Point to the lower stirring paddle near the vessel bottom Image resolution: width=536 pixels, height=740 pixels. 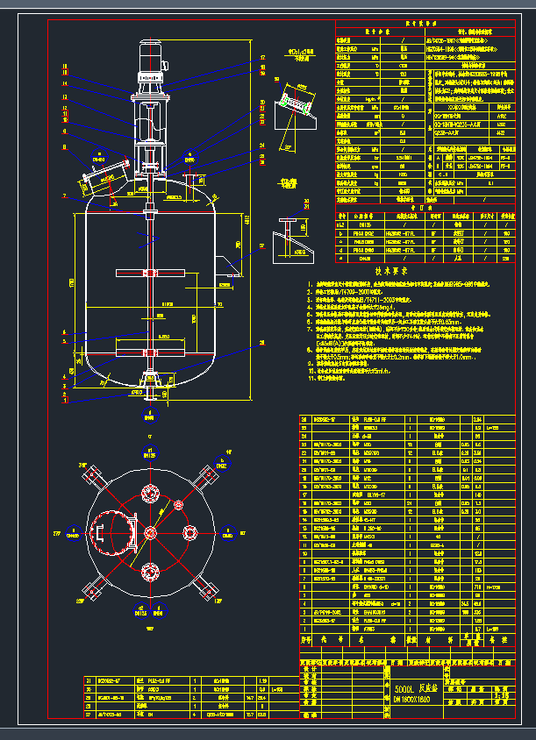[151, 353]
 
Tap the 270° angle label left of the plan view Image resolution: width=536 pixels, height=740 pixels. [59, 532]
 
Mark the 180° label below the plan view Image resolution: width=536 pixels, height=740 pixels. [149, 629]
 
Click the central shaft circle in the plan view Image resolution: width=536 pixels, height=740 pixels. [150, 532]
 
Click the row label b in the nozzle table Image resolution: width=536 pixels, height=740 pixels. [342, 234]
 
